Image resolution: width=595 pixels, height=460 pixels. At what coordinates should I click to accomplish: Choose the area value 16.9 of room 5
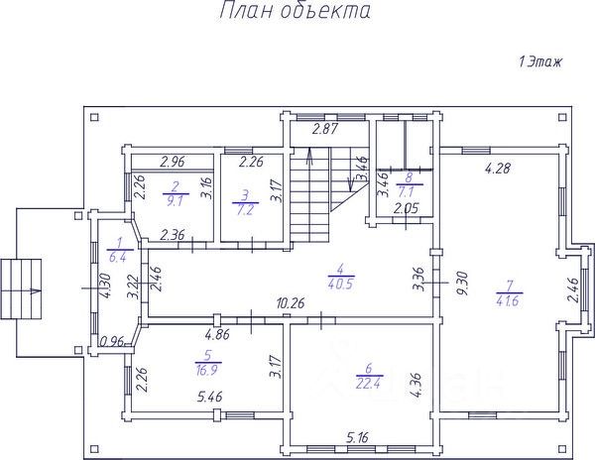(207, 368)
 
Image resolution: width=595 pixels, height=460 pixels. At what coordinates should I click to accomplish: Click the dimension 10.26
(293, 304)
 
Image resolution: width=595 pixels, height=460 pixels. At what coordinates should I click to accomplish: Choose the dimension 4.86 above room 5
(217, 335)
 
